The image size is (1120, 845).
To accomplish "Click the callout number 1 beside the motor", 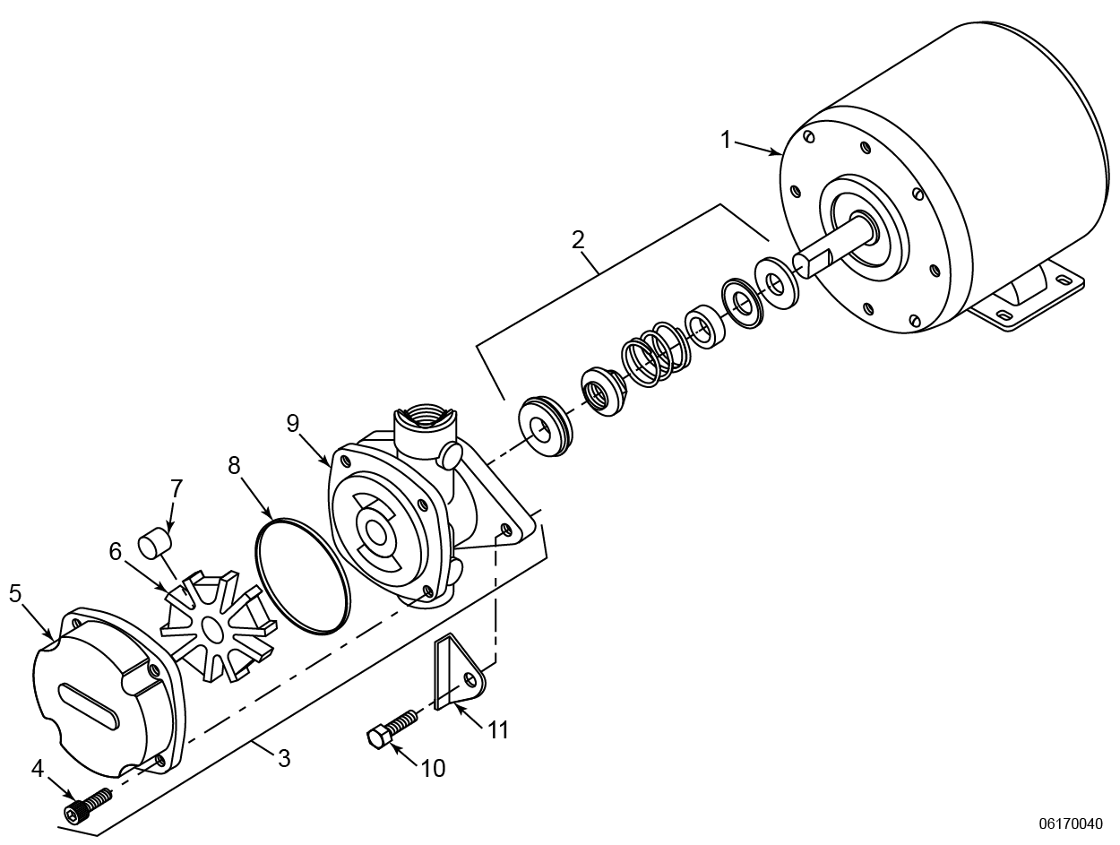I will point(727,140).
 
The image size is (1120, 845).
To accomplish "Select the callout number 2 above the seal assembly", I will point(578,239).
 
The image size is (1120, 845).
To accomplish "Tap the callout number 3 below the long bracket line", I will point(284,758).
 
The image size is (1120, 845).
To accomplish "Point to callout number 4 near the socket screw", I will point(38,769).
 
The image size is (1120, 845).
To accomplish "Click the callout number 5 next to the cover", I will point(15,595).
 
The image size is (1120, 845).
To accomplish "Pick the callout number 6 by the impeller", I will point(116,552).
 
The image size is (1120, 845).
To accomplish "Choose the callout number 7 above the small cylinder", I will point(177,488).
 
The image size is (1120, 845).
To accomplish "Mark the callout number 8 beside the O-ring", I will point(235,465).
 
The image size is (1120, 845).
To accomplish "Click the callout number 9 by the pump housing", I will point(293,423).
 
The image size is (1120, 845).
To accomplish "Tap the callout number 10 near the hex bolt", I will point(432,767).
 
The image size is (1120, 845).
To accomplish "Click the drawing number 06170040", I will point(1071,823).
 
